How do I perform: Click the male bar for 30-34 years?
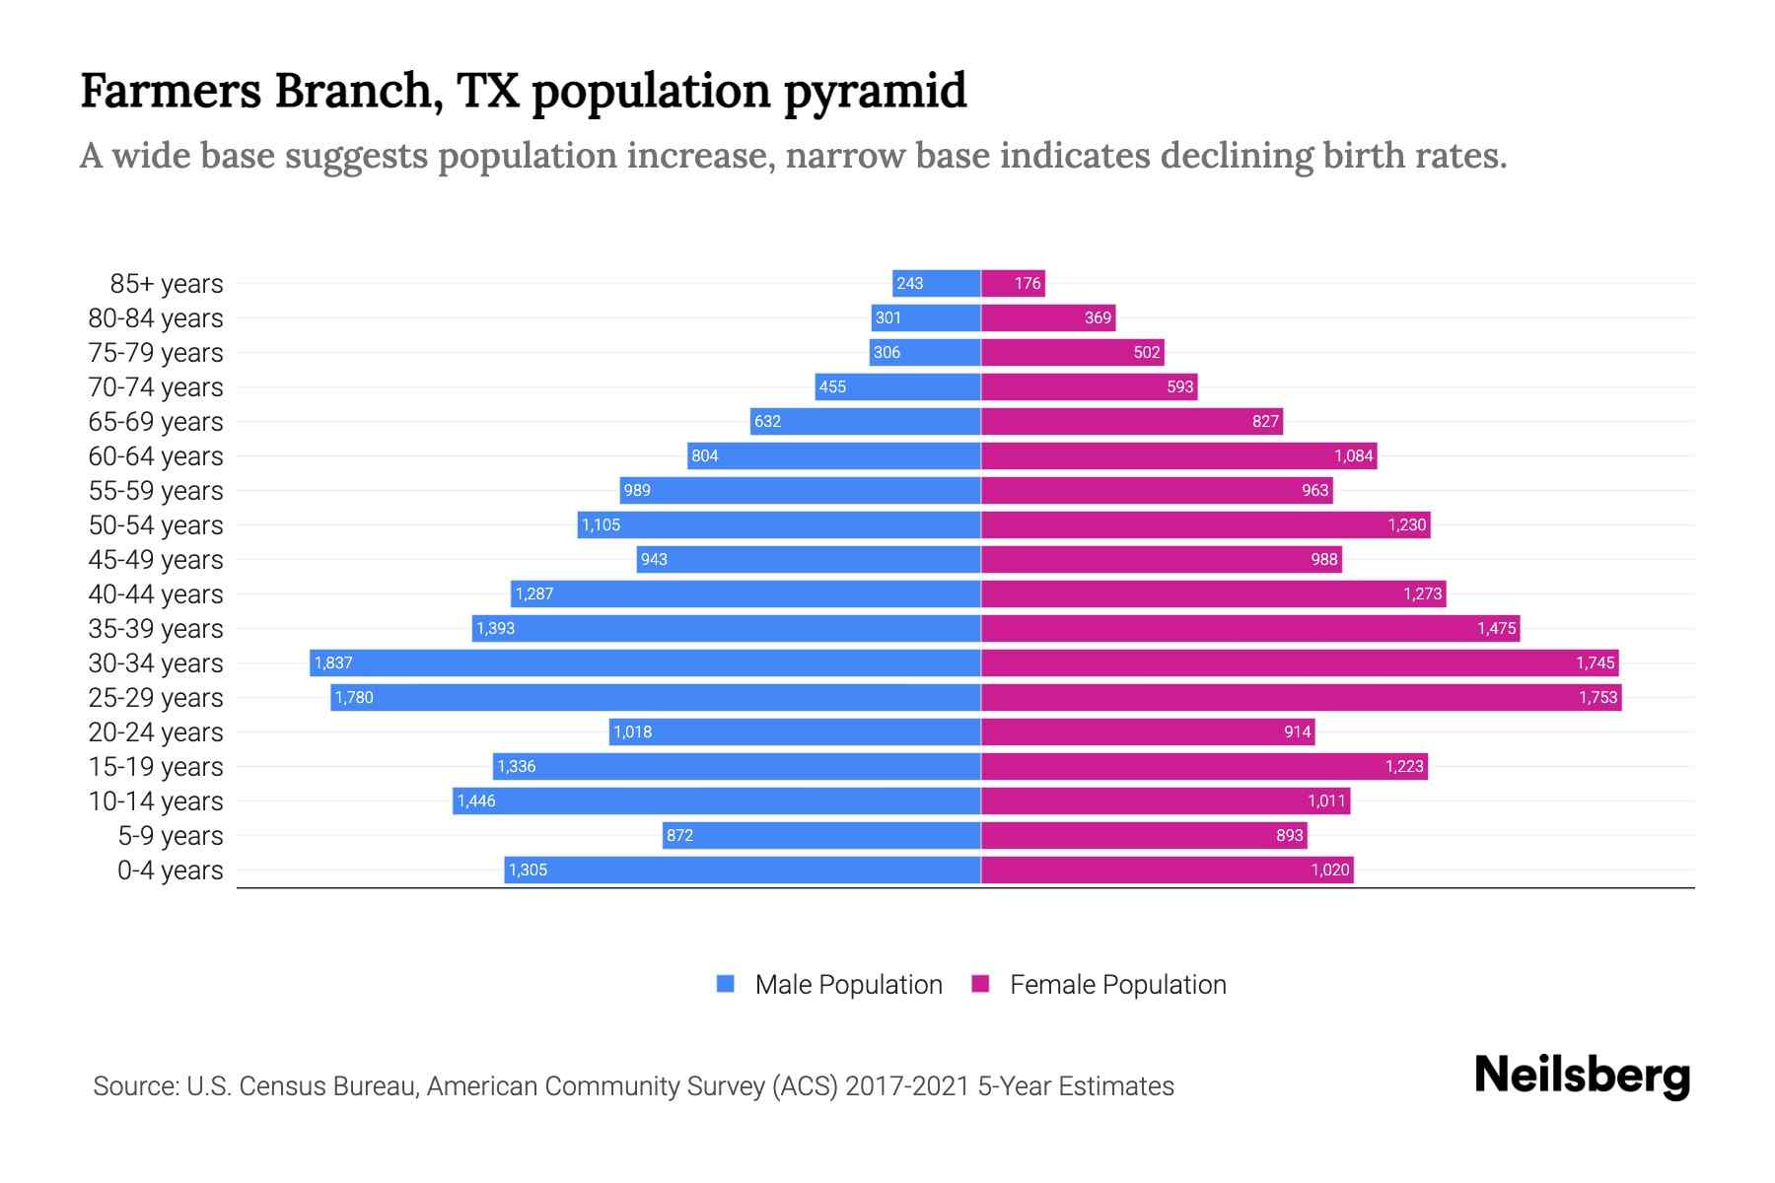point(646,662)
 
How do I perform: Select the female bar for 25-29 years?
point(1302,697)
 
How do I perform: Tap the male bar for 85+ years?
point(937,283)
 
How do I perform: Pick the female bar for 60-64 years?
point(1178,455)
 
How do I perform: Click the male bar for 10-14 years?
point(717,800)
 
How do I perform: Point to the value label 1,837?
point(333,663)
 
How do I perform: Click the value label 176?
point(1028,284)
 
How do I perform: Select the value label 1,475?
point(1496,629)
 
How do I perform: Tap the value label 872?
point(679,836)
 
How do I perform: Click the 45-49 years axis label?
point(156,560)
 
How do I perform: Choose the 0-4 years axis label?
point(170,870)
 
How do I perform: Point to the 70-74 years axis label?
point(156,387)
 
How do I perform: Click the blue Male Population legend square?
point(726,984)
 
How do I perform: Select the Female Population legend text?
point(1117,984)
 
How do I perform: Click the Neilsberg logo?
point(1582,1076)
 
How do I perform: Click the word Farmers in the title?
point(170,91)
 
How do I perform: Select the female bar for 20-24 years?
point(1148,731)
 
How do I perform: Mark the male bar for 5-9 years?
point(821,835)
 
